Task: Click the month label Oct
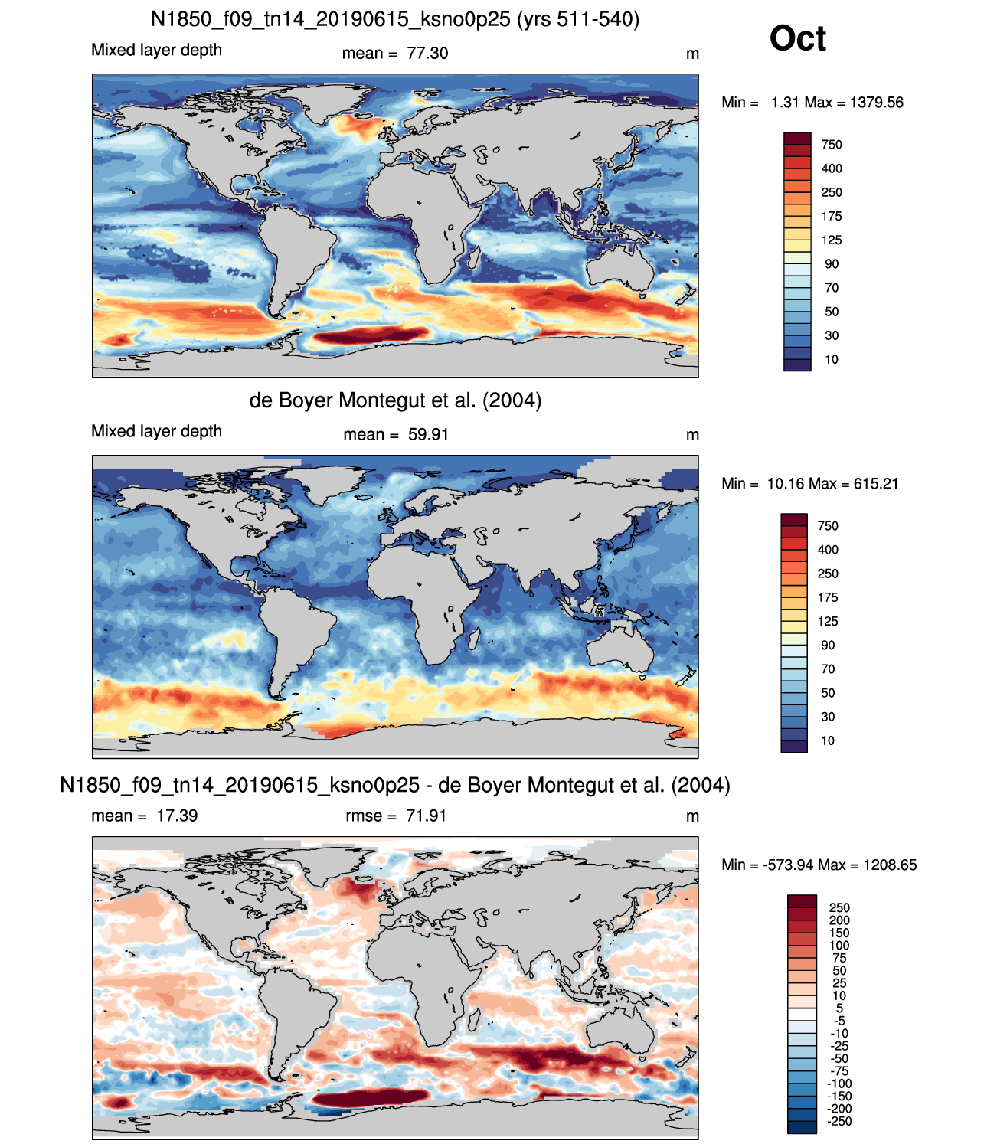coord(797,38)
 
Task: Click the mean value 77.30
coord(427,53)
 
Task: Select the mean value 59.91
coord(428,434)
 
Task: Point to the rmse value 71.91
coord(426,816)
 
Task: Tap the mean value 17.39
coord(177,816)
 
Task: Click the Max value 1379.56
coord(877,103)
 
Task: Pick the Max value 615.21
coord(875,484)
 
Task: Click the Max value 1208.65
coord(890,865)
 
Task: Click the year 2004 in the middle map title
coord(512,400)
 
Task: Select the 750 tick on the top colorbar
coord(832,145)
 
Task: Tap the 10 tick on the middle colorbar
coord(827,740)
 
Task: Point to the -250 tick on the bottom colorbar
coord(839,1121)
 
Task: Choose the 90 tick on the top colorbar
coord(832,264)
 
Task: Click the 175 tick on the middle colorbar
coord(828,597)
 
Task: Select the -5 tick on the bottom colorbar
coord(839,1021)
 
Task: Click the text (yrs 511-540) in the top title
coord(578,19)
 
